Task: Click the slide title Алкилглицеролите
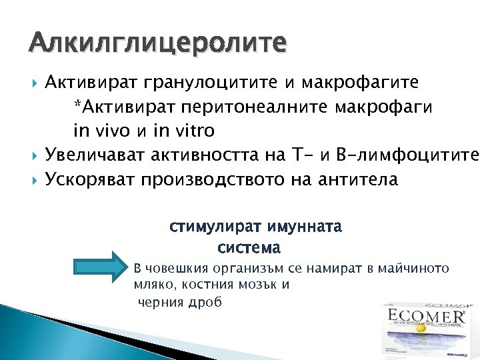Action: [158, 44]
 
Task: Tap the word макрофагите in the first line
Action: [361, 83]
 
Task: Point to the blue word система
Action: [249, 247]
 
